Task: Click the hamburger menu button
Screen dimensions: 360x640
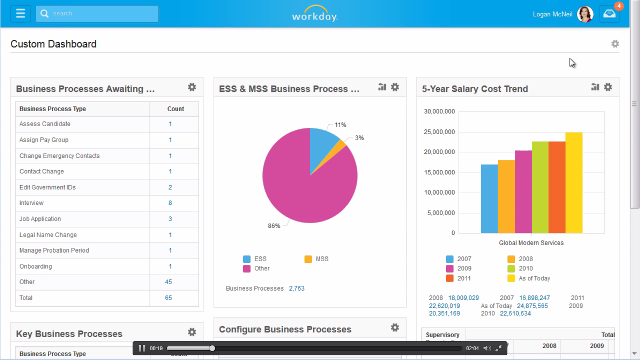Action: [x=20, y=14]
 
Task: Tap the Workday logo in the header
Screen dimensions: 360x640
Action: [x=314, y=14]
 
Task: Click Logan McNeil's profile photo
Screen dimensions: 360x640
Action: [x=585, y=14]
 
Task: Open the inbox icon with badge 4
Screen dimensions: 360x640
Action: [x=610, y=14]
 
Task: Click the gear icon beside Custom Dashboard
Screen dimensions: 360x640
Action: [x=615, y=44]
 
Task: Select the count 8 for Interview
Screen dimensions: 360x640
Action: [x=170, y=203]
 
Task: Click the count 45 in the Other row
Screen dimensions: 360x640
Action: [x=168, y=282]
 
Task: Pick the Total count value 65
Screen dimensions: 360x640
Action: [x=168, y=298]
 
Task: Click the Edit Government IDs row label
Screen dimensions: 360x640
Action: [x=47, y=187]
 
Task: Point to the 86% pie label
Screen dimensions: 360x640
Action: [x=274, y=226]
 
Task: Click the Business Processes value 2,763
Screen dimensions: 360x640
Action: [x=297, y=288]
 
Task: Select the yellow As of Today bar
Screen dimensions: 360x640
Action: [x=573, y=183]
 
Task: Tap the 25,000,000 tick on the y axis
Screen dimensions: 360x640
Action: [x=439, y=132]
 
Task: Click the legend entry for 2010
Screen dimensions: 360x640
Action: [x=521, y=269]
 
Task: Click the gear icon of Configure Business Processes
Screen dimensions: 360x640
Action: [x=394, y=328]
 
